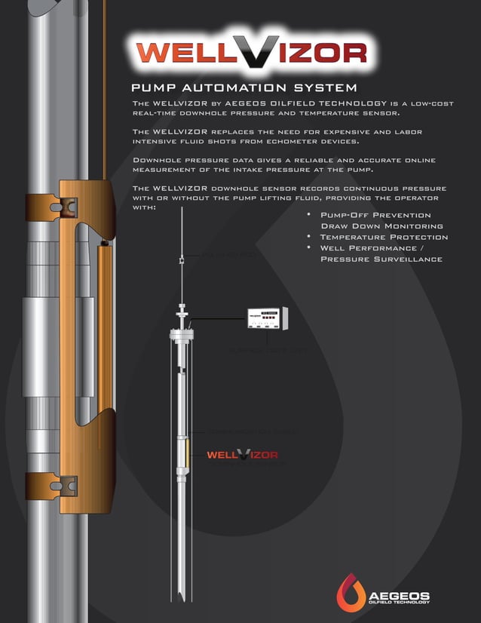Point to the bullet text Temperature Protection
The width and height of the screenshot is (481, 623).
click(x=384, y=237)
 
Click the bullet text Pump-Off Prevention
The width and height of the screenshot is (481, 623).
click(x=375, y=215)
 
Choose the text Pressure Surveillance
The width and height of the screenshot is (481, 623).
click(x=381, y=259)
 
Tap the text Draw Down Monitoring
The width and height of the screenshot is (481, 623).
click(x=381, y=226)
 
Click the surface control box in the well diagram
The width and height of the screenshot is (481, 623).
click(x=268, y=320)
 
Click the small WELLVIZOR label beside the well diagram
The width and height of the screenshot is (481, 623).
click(x=242, y=455)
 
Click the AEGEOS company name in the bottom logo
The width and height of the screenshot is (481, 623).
click(x=399, y=594)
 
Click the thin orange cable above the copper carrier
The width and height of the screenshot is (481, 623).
click(x=104, y=91)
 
